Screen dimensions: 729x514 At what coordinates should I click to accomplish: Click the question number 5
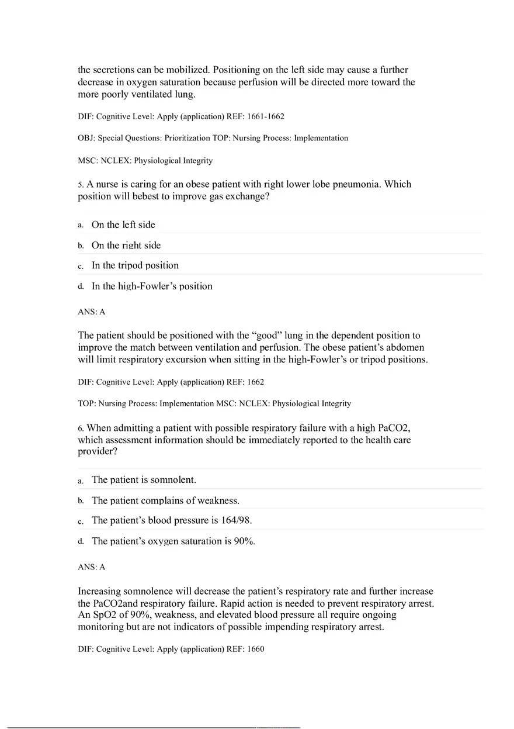click(81, 185)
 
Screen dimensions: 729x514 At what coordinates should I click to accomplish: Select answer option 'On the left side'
click(123, 225)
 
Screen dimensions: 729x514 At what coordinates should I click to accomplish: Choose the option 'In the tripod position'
click(135, 265)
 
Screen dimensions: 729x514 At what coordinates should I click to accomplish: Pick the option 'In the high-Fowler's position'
click(152, 286)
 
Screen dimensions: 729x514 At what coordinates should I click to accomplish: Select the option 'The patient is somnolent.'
click(144, 480)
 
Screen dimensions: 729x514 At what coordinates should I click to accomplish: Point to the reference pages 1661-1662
click(266, 116)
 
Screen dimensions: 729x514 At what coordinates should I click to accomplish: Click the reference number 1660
click(256, 649)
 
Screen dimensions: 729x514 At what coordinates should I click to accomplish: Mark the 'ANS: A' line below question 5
click(92, 312)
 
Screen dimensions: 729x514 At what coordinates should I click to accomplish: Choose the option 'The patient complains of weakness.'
click(165, 500)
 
